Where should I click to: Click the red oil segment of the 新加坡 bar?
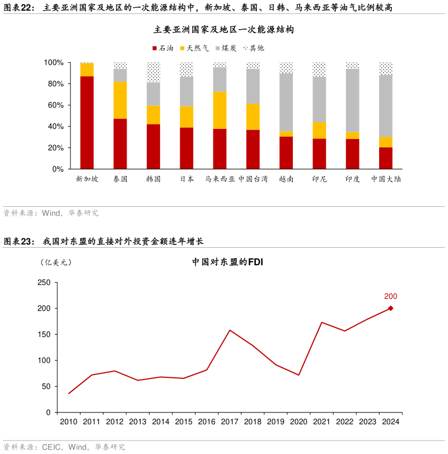tap(87, 122)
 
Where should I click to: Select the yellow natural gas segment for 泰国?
tap(120, 100)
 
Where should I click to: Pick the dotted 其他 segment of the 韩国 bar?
tap(153, 72)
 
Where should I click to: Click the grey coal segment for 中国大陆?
tap(386, 106)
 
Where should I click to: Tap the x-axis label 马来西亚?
tap(220, 179)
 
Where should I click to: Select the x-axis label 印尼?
tap(319, 179)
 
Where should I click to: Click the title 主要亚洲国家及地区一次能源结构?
tap(223, 30)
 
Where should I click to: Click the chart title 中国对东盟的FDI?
tap(227, 262)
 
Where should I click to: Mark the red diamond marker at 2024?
tap(390, 308)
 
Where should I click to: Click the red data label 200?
tap(390, 297)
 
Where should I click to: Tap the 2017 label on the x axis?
tap(230, 422)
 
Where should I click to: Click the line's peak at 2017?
tap(230, 330)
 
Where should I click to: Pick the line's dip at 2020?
tap(298, 375)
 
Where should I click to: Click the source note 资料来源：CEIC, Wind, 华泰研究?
tap(64, 447)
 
